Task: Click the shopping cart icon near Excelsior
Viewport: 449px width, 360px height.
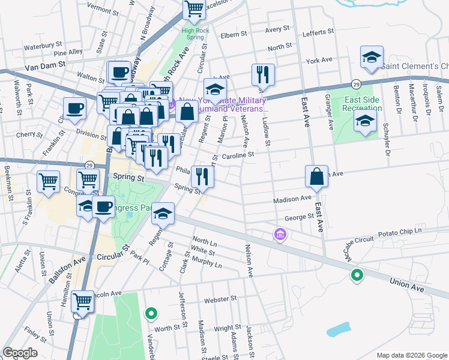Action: [x=194, y=9]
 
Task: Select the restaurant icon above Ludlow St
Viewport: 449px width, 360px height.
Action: [x=263, y=74]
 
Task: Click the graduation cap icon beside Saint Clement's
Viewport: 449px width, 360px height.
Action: [x=372, y=58]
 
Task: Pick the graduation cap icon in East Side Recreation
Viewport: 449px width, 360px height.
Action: [x=364, y=121]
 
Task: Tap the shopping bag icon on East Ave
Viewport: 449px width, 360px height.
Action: [x=316, y=177]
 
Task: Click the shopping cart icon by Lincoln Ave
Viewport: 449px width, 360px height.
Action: [x=82, y=301]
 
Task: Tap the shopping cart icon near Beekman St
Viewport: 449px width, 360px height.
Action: [x=48, y=181]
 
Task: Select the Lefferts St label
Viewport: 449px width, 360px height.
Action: [x=319, y=32]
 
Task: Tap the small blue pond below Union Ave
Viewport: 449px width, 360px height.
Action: [x=339, y=329]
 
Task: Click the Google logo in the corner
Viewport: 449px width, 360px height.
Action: [x=20, y=353]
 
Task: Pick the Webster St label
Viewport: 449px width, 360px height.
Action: [x=221, y=298]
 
